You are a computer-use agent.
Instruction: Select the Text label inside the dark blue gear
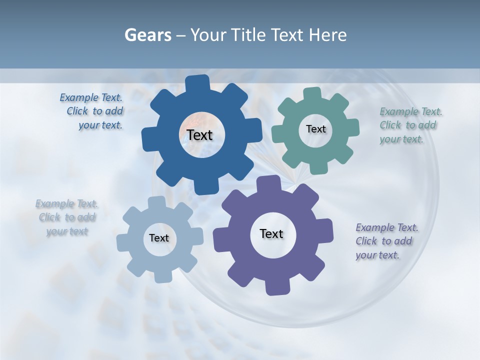pos(199,135)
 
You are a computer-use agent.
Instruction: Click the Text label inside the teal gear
pos(315,129)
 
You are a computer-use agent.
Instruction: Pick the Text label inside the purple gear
pos(271,233)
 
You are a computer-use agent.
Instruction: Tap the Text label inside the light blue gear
pos(159,238)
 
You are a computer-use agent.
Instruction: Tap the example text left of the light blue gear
pos(67,217)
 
